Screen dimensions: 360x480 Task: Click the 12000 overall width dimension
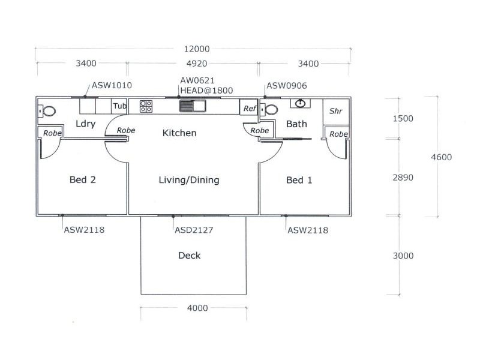point(193,49)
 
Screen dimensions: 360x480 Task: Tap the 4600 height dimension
point(442,157)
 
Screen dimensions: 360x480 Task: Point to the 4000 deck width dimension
point(197,308)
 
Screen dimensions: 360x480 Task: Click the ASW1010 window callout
point(112,86)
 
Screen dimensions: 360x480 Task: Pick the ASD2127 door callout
point(194,229)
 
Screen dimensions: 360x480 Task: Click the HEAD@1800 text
point(206,91)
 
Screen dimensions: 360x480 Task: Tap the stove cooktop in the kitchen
point(146,106)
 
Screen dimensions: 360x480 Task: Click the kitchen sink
point(192,106)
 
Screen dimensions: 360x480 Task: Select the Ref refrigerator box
point(249,109)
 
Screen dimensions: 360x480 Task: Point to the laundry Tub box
point(120,106)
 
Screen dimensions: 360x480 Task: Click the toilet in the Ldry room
point(48,111)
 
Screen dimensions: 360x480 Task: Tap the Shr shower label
point(335,111)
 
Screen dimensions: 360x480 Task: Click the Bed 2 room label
point(83,180)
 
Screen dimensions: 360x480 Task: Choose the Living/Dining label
point(189,180)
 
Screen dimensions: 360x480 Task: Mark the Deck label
point(189,256)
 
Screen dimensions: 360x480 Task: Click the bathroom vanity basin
point(300,104)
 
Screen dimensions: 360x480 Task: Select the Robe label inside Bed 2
point(52,133)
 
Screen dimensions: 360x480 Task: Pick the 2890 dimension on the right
point(403,178)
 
